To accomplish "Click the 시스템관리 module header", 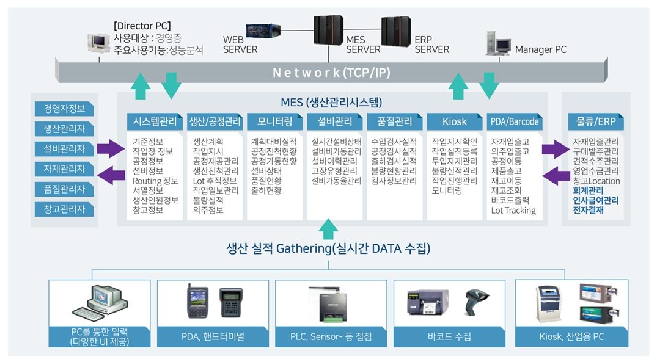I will coord(155,121).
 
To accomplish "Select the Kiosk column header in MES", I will coord(454,121).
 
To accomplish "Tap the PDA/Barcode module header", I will coord(515,121).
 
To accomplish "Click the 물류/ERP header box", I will coord(595,121).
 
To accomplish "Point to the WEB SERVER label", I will coord(240,45).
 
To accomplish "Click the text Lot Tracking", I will coord(513,211).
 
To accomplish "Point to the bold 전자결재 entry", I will coord(589,211).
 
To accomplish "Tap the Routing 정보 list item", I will coord(155,181).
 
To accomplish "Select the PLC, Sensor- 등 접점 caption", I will coord(331,336).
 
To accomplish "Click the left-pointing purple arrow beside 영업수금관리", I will coord(556,178).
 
